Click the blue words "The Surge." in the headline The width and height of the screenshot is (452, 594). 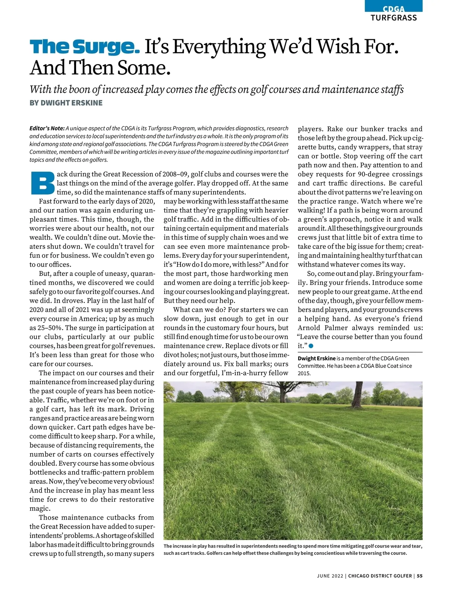point(84,47)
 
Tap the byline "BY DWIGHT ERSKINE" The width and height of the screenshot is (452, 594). point(66,103)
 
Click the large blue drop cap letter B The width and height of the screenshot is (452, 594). point(41,184)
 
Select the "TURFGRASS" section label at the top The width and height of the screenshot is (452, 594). point(394,18)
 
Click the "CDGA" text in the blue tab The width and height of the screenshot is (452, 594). point(394,9)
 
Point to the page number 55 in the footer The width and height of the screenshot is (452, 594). point(420,576)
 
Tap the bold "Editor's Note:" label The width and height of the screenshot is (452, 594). point(47,129)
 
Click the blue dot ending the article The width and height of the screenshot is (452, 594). point(311,345)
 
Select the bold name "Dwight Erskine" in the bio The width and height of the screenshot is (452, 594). point(316,358)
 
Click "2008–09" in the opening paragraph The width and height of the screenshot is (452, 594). point(176,174)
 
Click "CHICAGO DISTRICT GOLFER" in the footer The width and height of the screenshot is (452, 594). point(380,576)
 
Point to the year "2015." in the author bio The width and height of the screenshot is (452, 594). point(304,373)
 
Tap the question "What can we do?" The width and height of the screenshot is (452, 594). point(199,310)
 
